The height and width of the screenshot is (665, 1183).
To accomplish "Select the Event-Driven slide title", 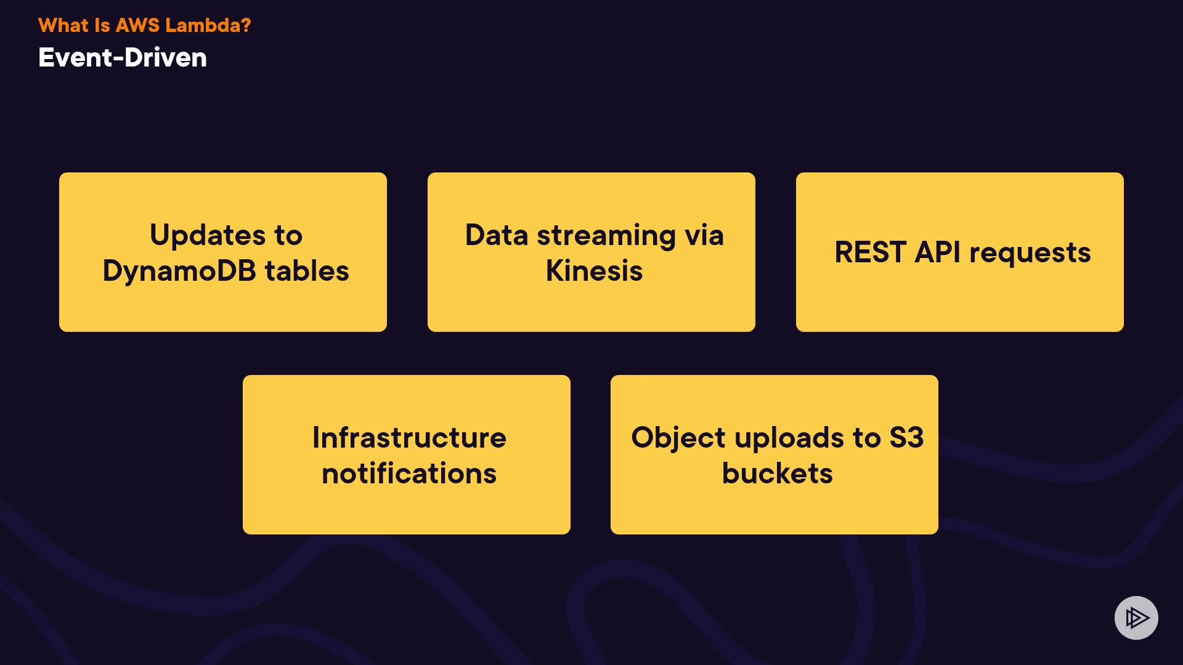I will (123, 58).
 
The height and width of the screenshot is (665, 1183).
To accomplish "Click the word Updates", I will (208, 235).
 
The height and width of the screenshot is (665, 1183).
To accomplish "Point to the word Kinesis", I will (594, 271).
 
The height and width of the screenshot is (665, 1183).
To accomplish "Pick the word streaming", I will (606, 235).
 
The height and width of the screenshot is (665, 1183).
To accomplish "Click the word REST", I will (870, 252).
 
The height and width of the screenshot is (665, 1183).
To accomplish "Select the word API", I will (937, 252).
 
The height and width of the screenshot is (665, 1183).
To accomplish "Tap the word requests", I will (1030, 252).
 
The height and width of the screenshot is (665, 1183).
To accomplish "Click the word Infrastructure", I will (409, 438).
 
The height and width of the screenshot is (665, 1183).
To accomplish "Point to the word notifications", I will (409, 474).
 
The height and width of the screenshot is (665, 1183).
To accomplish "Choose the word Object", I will (678, 438).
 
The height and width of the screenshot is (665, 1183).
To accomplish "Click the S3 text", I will (906, 438).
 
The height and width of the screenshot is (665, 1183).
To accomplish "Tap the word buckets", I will (777, 474).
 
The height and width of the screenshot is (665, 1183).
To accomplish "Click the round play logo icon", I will (1136, 618).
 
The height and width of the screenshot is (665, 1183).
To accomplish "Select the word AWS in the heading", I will (137, 25).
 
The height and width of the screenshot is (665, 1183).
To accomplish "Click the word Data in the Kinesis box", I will (496, 235).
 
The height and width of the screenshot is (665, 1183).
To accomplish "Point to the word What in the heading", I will (63, 25).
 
